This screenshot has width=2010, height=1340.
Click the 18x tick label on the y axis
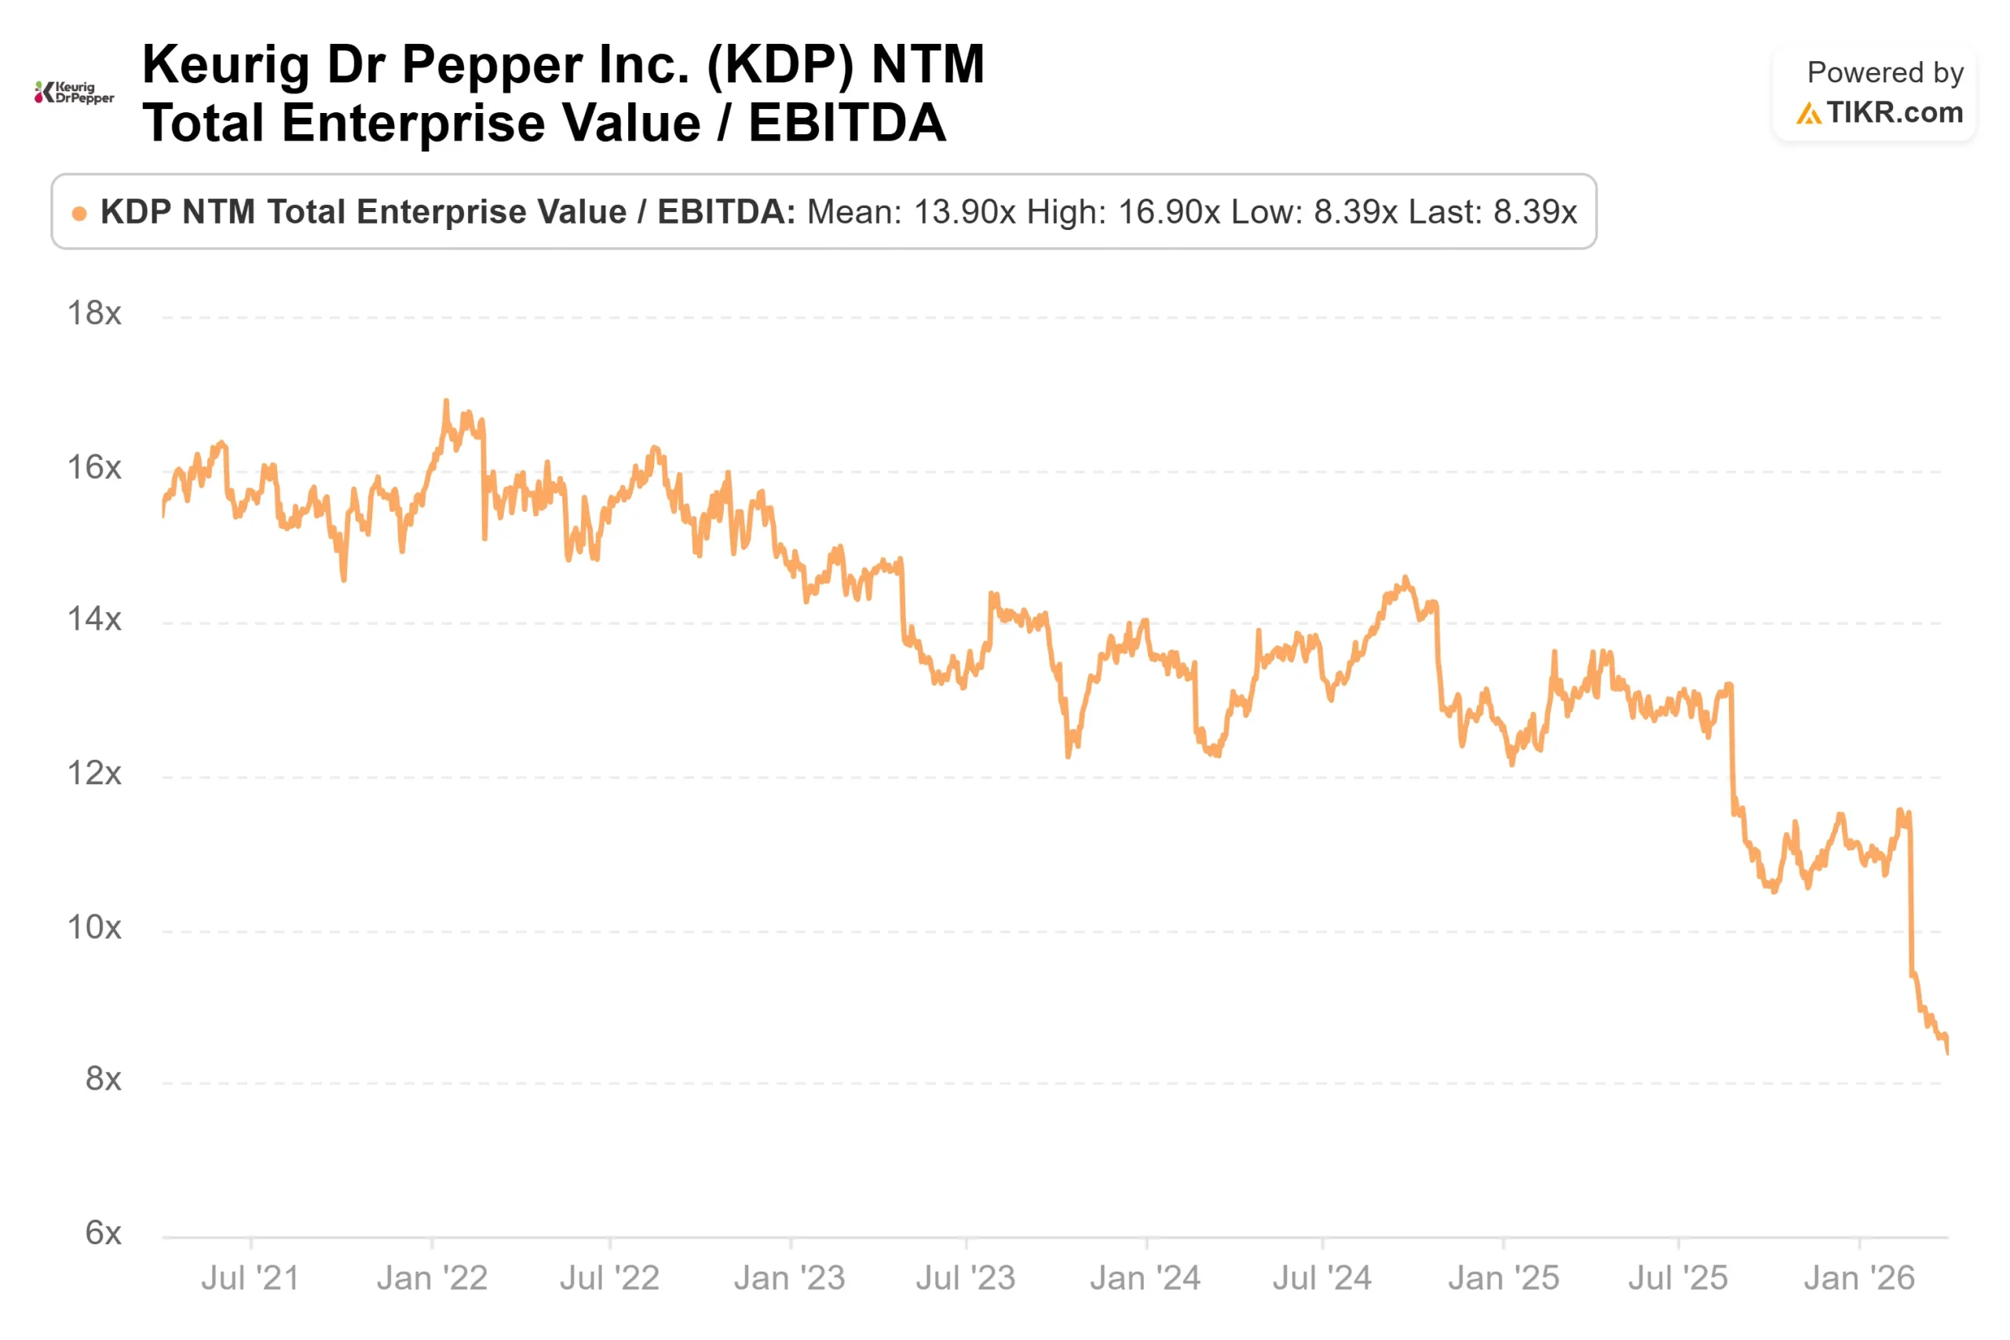tap(94, 314)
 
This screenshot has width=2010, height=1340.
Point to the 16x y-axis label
tap(94, 467)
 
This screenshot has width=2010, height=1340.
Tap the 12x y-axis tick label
tap(94, 773)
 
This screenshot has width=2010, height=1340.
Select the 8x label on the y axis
tap(103, 1079)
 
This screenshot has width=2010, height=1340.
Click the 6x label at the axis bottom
tap(103, 1233)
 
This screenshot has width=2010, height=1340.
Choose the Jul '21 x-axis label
tap(250, 1279)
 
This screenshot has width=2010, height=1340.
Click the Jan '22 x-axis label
tap(432, 1279)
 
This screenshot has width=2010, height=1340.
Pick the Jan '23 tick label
tap(789, 1279)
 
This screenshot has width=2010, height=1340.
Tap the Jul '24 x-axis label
tap(1322, 1279)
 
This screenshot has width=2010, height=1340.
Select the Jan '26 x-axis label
tap(1858, 1279)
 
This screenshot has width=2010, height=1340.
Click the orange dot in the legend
tap(79, 214)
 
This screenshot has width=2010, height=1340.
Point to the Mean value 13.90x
tap(965, 212)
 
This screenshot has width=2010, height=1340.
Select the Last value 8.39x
tap(1534, 212)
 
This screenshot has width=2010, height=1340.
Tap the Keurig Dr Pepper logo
tap(75, 93)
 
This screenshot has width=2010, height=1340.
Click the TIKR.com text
tap(1894, 113)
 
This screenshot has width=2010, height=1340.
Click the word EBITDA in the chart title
tap(847, 123)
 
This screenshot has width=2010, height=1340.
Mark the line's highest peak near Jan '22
tap(446, 401)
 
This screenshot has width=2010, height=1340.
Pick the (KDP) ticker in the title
tap(780, 65)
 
